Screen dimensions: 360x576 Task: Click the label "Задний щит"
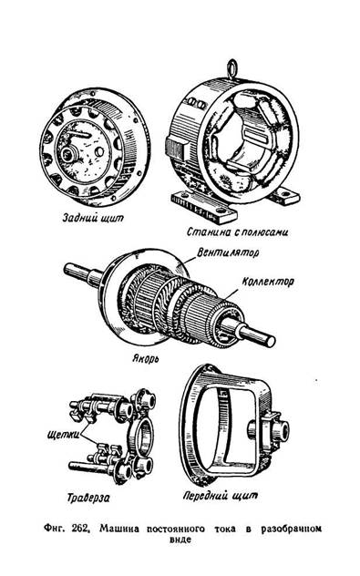(x=93, y=218)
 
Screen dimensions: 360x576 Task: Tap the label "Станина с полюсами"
(x=237, y=231)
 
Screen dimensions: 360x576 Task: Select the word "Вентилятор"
(x=228, y=253)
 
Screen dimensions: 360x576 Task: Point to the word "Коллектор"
(x=268, y=282)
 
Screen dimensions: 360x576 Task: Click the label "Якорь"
(x=146, y=358)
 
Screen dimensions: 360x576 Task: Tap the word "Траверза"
(x=88, y=498)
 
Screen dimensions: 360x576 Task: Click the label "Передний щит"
(x=221, y=496)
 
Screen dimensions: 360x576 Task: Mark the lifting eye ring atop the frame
(x=231, y=69)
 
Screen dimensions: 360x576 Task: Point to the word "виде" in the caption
(x=180, y=540)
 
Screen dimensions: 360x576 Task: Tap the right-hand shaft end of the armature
(x=270, y=341)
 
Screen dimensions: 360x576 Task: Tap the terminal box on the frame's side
(x=177, y=146)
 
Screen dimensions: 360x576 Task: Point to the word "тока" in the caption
(x=224, y=529)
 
